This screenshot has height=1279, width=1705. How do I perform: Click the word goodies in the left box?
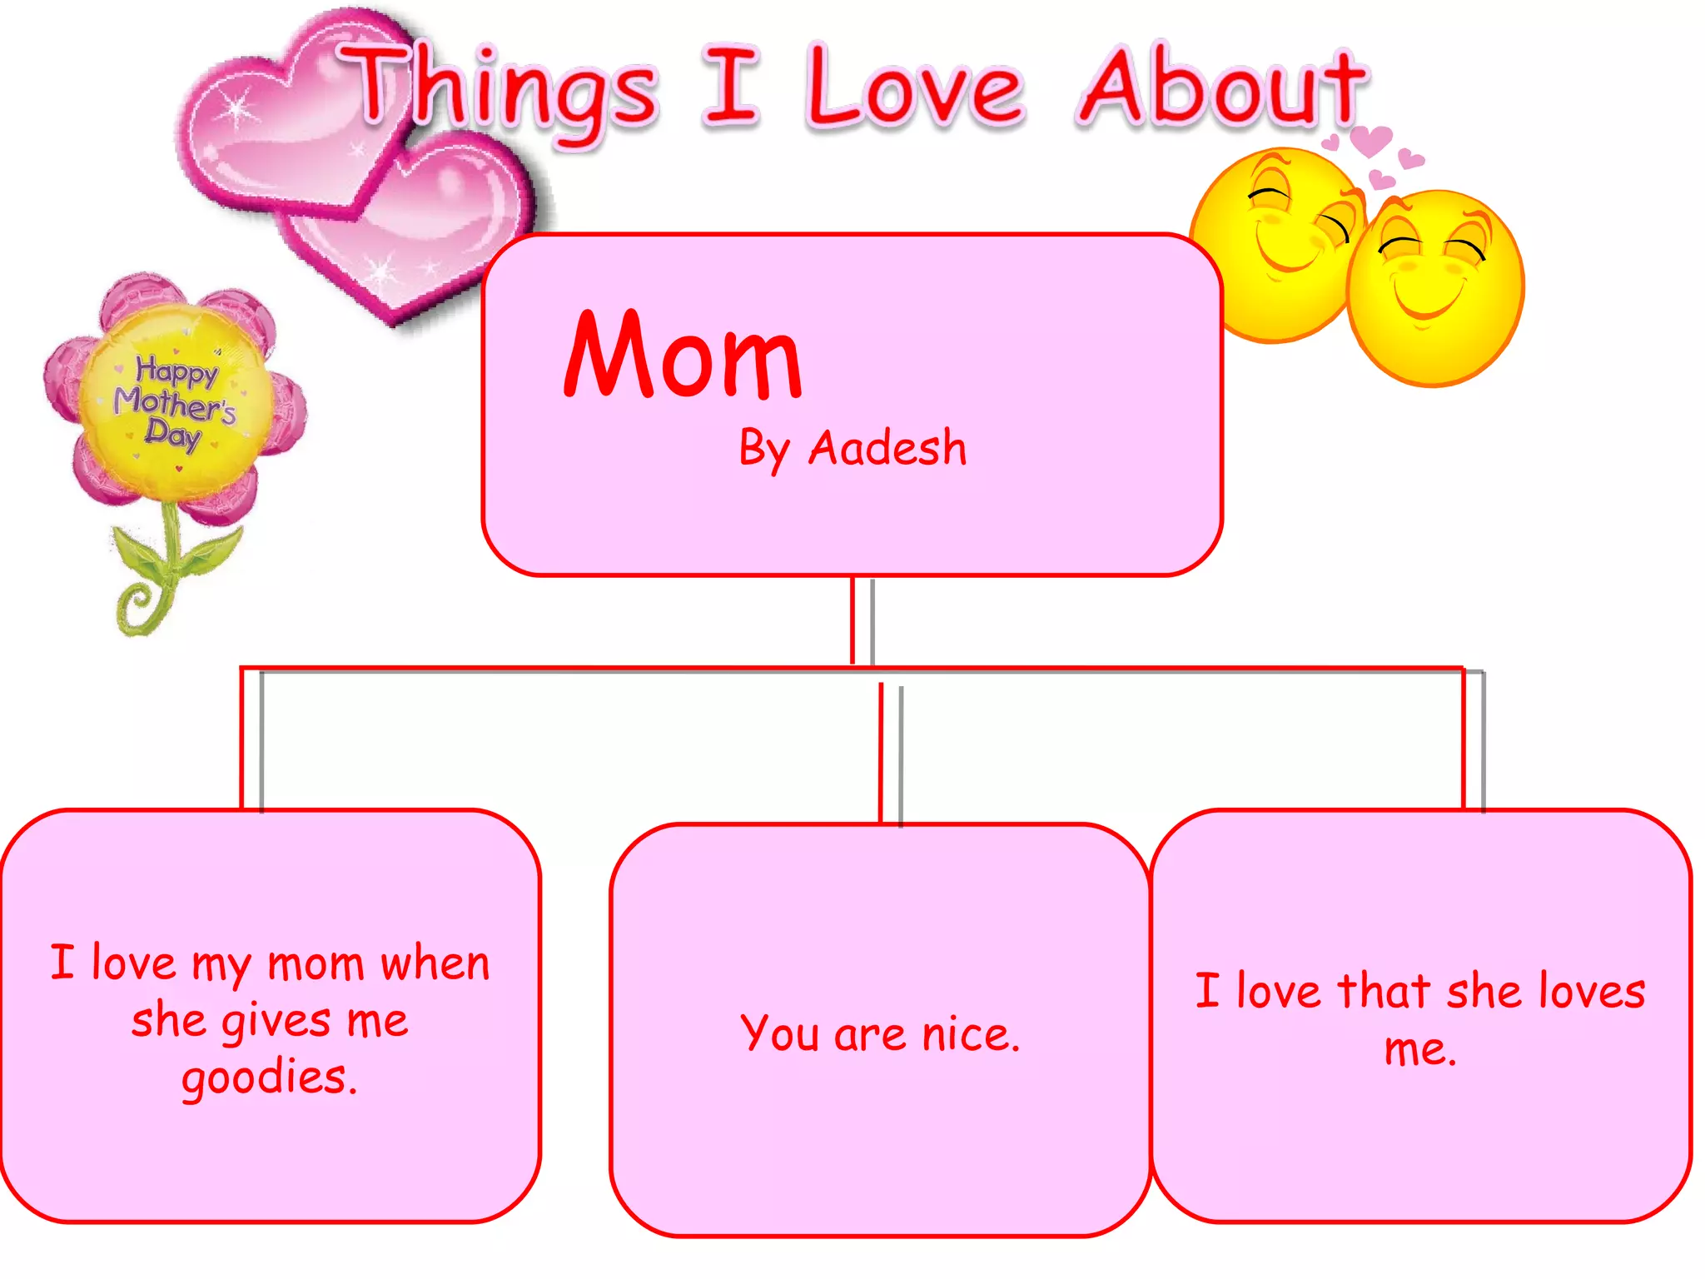268,1077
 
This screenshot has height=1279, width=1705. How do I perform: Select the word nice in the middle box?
971,1035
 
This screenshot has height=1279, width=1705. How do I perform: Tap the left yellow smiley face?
1274,246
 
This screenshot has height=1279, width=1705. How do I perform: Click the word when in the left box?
435,965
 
